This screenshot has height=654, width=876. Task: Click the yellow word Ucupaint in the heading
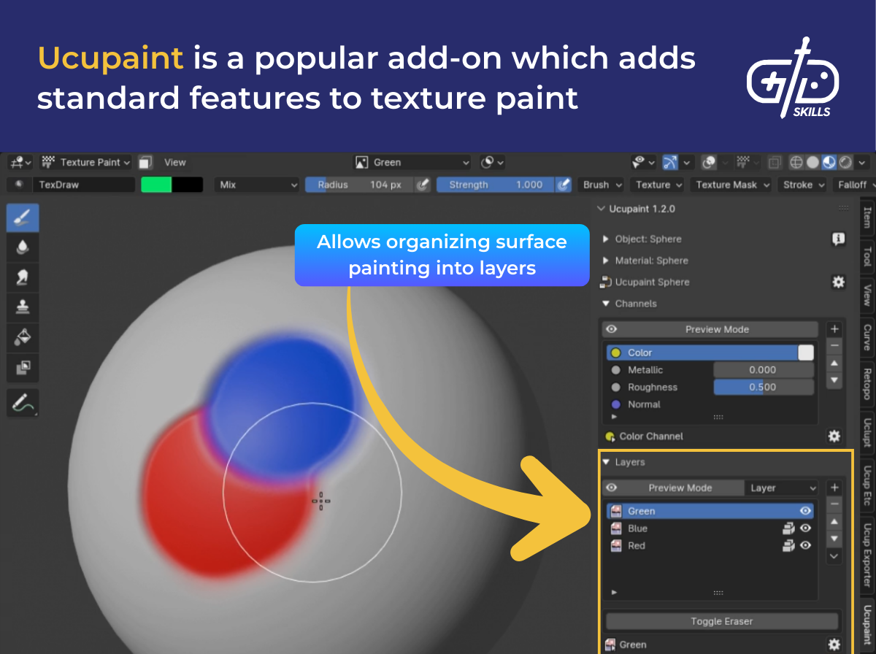pos(110,58)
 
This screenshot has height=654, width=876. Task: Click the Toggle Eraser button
pos(721,621)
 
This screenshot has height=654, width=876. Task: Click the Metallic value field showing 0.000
pos(763,370)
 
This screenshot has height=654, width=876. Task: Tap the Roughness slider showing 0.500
pos(763,388)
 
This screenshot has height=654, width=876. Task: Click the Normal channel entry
pos(644,404)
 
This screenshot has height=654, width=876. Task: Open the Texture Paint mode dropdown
pos(86,162)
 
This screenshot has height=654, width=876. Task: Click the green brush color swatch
pos(156,185)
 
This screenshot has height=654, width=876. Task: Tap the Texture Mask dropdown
pos(732,185)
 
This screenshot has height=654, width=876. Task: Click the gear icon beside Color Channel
pos(834,436)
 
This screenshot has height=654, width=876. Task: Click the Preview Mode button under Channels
pos(717,329)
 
